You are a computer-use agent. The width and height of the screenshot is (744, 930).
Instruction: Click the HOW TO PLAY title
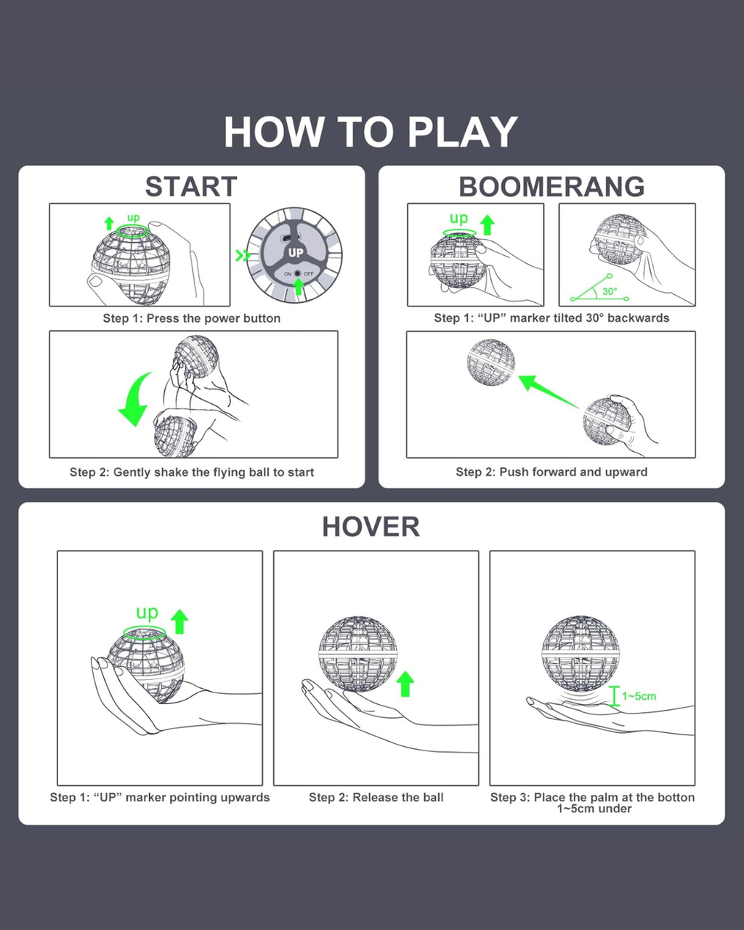[371, 132]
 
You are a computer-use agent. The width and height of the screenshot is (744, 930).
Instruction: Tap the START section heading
[191, 187]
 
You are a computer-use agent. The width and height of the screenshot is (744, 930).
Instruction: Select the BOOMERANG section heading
[551, 187]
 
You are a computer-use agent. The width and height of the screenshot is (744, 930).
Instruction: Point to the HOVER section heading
[371, 527]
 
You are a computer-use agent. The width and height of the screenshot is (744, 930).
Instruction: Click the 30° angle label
[610, 291]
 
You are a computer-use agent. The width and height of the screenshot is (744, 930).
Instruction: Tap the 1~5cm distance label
[639, 696]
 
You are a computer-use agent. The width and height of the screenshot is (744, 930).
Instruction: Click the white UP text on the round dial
[296, 253]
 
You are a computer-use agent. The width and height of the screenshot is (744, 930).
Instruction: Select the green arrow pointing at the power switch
[298, 286]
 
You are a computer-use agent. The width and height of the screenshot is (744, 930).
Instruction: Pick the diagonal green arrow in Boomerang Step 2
[548, 392]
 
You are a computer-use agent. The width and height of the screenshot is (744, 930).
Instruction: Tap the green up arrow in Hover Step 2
[405, 684]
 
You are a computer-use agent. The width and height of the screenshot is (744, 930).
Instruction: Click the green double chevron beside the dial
[243, 256]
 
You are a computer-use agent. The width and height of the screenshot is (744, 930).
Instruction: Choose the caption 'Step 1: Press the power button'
[192, 318]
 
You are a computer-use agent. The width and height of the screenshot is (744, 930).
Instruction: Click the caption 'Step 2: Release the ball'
[376, 797]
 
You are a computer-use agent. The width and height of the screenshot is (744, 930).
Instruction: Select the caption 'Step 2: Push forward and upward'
[551, 472]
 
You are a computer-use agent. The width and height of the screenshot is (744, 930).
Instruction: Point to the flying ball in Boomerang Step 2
[491, 362]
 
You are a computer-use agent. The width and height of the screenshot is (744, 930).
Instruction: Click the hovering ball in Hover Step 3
[581, 654]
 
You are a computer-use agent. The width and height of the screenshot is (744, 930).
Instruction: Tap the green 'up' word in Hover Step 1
[147, 612]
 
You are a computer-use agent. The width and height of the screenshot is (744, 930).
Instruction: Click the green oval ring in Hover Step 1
[145, 633]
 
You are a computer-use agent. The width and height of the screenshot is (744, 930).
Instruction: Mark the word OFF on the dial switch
[308, 274]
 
